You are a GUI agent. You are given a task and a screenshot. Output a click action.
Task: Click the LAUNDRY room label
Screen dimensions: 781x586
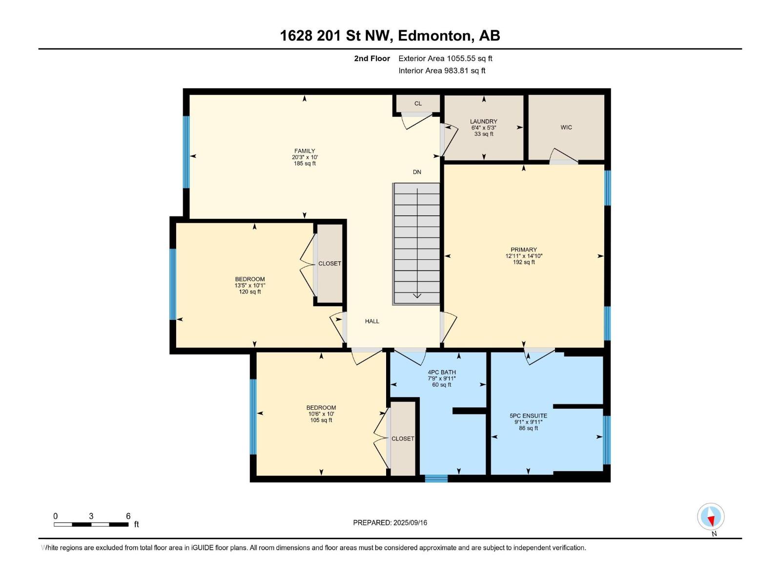(x=484, y=121)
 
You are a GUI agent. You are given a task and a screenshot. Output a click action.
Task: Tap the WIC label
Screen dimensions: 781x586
(x=566, y=127)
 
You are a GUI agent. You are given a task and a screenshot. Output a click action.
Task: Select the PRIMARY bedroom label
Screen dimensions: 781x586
(x=523, y=250)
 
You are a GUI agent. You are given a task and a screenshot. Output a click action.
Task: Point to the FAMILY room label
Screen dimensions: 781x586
(x=305, y=151)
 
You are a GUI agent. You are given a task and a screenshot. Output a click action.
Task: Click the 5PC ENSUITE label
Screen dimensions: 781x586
(x=528, y=416)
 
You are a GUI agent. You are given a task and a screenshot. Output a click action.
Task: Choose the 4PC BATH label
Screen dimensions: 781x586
(x=442, y=372)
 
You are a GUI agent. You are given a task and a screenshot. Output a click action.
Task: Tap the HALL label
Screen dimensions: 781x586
(x=372, y=321)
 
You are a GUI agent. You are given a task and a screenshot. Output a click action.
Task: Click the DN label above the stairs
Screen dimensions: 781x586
(x=417, y=172)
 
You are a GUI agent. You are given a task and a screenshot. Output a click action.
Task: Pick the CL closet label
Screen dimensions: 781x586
(x=418, y=104)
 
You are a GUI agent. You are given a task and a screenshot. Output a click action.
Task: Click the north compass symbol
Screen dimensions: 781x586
(x=711, y=516)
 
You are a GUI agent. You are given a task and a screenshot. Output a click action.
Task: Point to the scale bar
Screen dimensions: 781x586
(x=91, y=524)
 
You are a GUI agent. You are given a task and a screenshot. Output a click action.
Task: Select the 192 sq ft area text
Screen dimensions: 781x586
(x=523, y=262)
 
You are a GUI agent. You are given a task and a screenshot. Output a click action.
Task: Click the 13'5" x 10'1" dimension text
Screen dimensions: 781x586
(x=250, y=285)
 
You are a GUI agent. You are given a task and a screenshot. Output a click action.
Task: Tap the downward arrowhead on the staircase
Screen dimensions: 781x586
(x=417, y=295)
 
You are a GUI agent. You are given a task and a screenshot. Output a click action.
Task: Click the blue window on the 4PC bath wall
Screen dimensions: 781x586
(x=436, y=479)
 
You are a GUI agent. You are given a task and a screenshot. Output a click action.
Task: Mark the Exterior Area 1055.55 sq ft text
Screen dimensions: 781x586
(x=445, y=58)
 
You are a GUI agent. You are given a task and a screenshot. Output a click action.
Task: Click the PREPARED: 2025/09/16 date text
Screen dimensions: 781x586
(x=390, y=523)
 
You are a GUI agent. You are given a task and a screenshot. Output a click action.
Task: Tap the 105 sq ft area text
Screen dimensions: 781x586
(x=321, y=420)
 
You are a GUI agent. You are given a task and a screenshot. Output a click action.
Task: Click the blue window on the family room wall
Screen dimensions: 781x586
(x=186, y=152)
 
